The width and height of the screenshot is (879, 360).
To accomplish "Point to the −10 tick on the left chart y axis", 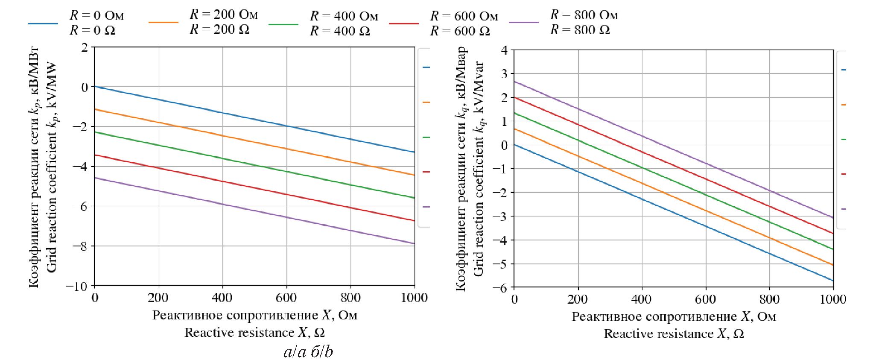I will [77, 286].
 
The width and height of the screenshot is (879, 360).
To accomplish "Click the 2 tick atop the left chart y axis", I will [85, 47].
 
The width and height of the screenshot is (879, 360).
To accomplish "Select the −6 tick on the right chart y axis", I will [500, 288].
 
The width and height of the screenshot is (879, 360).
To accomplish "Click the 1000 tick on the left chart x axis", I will [414, 298].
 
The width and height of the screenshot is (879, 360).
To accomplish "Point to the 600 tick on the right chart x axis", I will [705, 299].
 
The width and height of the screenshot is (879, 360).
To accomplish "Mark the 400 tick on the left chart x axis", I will [222, 298].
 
